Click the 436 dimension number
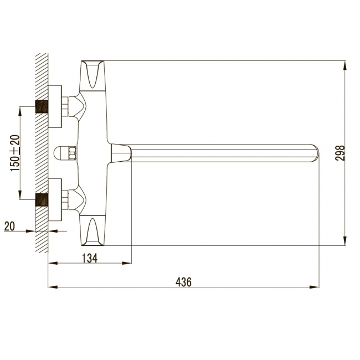pyautogui.click(x=183, y=282)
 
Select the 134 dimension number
pyautogui.click(x=90, y=258)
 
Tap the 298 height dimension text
pyautogui.click(x=340, y=153)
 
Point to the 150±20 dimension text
pyautogui.click(x=15, y=153)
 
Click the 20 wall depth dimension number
pyautogui.click(x=9, y=226)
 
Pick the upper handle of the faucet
pyautogui.click(x=92, y=75)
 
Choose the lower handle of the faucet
pyautogui.click(x=92, y=230)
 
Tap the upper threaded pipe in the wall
pyautogui.click(x=42, y=106)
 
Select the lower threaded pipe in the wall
pyautogui.click(x=42, y=199)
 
